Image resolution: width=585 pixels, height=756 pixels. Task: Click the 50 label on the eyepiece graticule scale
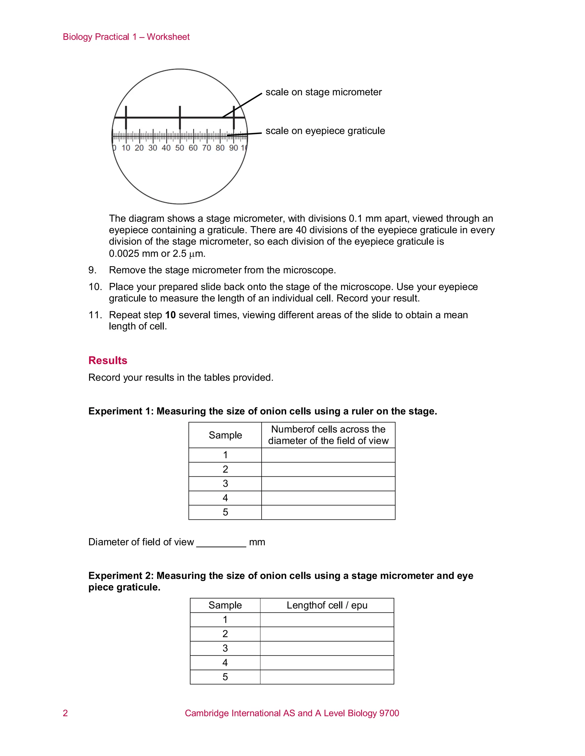(x=179, y=148)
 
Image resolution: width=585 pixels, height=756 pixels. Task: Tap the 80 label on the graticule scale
(x=220, y=148)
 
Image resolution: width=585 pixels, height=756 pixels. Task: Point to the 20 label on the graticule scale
(x=139, y=148)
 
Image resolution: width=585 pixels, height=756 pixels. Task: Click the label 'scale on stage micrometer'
(x=323, y=92)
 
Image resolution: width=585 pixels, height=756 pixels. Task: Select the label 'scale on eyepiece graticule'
(x=325, y=131)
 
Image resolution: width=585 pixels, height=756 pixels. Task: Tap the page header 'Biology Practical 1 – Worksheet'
(x=126, y=37)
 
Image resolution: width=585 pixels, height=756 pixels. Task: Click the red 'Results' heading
(x=108, y=360)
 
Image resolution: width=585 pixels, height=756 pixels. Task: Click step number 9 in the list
(x=92, y=270)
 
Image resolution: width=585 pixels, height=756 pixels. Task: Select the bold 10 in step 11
(x=170, y=315)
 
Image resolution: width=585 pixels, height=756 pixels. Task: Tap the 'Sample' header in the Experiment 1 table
(x=225, y=435)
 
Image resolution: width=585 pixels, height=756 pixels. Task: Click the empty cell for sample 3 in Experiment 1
(x=328, y=484)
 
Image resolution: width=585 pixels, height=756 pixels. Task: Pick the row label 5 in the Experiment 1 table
(x=225, y=512)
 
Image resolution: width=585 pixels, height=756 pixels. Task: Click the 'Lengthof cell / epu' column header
(x=327, y=605)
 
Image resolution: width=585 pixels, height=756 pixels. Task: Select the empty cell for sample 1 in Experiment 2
(x=327, y=620)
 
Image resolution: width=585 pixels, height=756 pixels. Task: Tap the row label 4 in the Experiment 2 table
(x=225, y=662)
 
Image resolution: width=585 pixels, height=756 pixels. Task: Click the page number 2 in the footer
(x=65, y=713)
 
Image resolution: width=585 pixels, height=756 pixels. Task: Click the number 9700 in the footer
(x=389, y=713)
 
